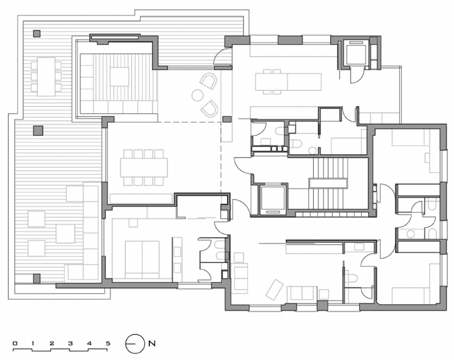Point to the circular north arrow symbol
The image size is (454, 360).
point(134,344)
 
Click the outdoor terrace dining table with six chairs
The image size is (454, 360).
point(47,76)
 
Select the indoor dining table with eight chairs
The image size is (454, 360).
point(144,167)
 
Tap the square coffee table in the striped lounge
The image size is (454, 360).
point(119,77)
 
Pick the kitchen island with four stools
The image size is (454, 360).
point(288,82)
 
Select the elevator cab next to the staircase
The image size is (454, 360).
point(272,198)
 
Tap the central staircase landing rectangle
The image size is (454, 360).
point(328,183)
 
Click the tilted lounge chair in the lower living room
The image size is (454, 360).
point(274,289)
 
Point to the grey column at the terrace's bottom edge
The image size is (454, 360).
point(37,278)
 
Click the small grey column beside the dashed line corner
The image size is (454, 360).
point(227,120)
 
